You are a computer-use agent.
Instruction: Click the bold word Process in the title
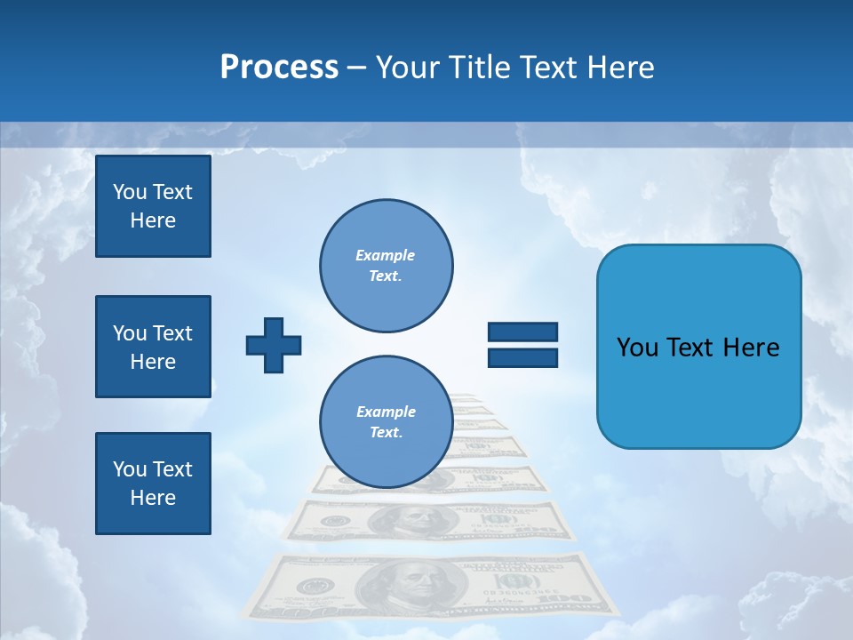coord(279,67)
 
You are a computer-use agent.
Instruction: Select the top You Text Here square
coord(153,206)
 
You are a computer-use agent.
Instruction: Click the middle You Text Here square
coord(153,347)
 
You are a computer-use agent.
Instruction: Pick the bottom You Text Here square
coord(153,484)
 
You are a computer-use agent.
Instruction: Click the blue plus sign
coord(274,344)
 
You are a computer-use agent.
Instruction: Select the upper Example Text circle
coord(387,266)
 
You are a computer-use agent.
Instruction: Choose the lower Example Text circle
coord(387,422)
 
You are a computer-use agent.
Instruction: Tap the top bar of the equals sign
coord(522,332)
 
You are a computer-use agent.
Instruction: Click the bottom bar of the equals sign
coord(522,358)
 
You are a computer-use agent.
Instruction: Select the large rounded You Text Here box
coord(698,347)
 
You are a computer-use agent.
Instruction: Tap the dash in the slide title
coord(357,68)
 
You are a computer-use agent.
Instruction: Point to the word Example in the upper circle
coord(385,255)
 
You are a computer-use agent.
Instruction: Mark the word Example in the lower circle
coord(386,412)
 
